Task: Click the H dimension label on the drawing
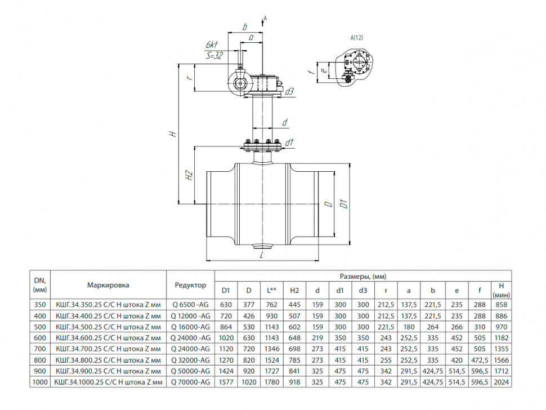coord(173,134)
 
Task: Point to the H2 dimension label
coord(189,175)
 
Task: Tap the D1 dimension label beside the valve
coord(344,204)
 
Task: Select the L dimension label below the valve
coord(262,255)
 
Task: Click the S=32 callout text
coord(214,55)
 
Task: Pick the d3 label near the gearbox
coord(289,92)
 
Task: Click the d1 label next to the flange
coord(289,142)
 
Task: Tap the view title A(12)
coord(356,38)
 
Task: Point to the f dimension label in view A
coord(312,72)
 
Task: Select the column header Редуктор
coord(190,285)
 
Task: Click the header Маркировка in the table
coord(108,285)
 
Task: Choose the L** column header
coord(272,291)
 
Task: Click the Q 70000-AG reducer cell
coord(190,382)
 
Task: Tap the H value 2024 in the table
coord(501,382)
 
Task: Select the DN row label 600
coord(40,338)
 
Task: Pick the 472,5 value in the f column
coord(480,360)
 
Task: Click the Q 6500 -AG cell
coord(190,305)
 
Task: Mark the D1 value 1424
coord(226,371)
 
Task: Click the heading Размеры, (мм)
coord(363,277)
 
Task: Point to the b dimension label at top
coord(245,27)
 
